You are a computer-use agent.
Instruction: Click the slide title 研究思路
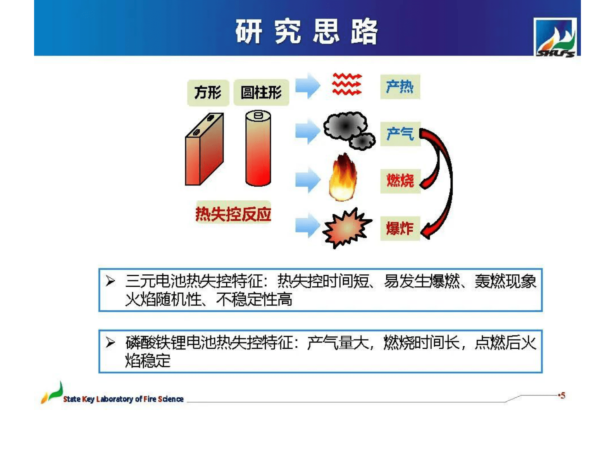[307, 31]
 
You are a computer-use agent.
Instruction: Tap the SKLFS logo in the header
[555, 38]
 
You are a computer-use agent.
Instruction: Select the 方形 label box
[208, 93]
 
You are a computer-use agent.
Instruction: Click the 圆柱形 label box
[261, 93]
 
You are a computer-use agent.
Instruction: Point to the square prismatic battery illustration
[204, 149]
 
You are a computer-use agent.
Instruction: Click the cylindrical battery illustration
[258, 148]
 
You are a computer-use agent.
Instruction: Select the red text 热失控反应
[233, 214]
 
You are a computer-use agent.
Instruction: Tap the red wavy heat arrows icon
[347, 84]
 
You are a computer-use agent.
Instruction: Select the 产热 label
[400, 86]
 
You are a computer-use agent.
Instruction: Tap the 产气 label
[400, 134]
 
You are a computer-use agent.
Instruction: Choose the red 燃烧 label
[400, 181]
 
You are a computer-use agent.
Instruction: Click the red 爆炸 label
[400, 228]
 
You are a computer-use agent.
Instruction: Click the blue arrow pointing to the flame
[308, 180]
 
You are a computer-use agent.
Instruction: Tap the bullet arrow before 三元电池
[110, 281]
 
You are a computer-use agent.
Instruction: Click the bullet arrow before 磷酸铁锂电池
[110, 342]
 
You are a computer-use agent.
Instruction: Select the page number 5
[563, 396]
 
